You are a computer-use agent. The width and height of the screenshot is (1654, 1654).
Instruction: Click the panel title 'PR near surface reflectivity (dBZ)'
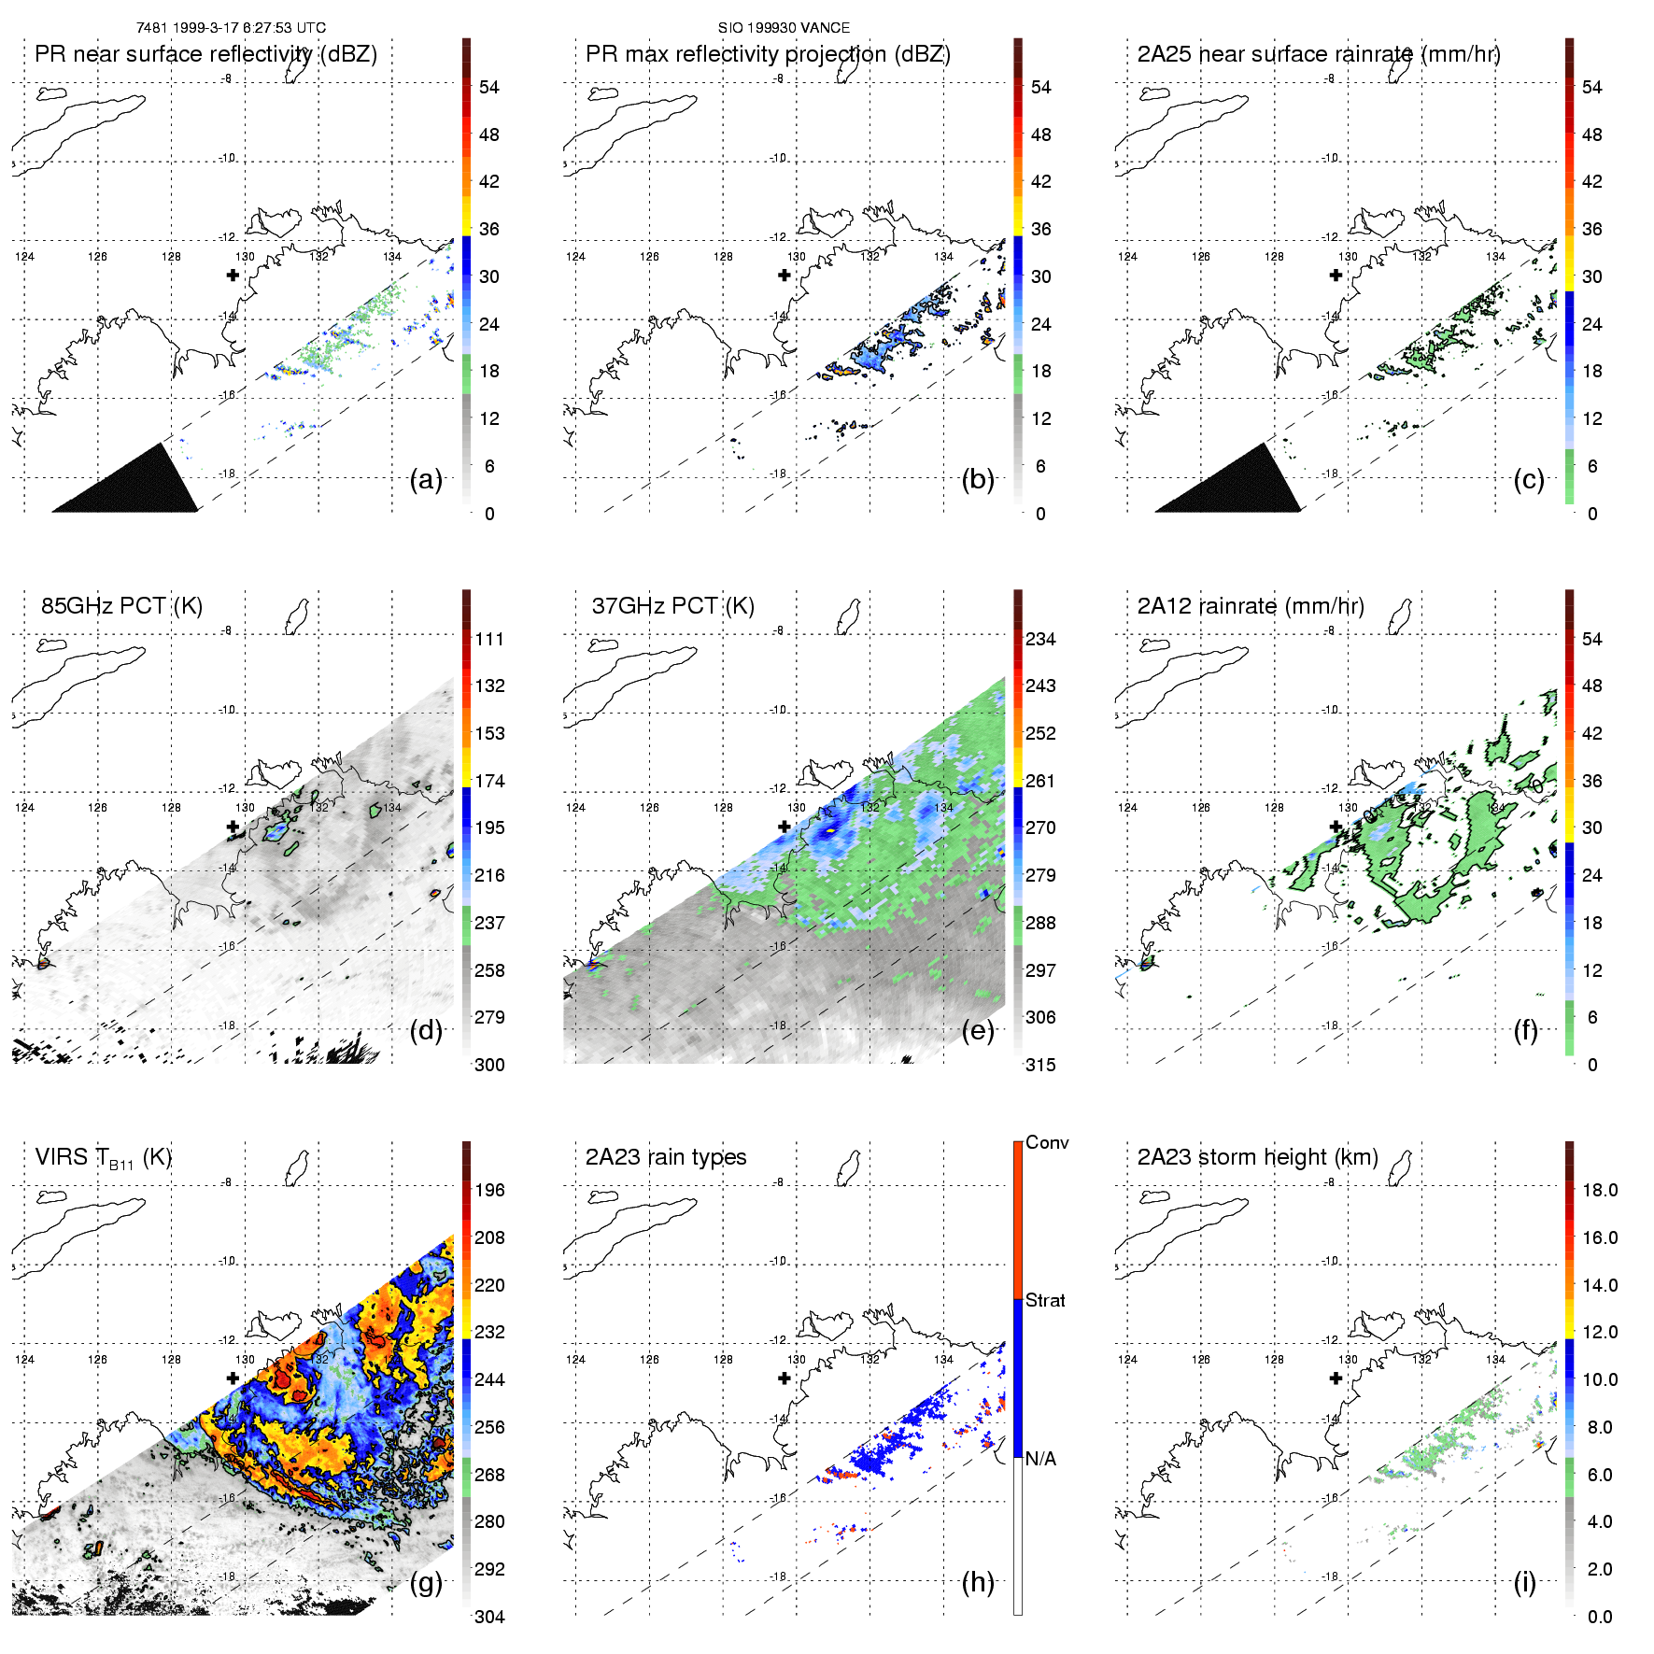(x=205, y=54)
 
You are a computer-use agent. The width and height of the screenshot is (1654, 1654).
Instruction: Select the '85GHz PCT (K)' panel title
(x=121, y=606)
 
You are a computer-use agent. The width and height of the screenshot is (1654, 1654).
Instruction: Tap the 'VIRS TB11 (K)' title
(x=103, y=1158)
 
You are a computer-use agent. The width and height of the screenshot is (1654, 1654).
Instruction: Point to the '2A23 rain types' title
(x=665, y=1157)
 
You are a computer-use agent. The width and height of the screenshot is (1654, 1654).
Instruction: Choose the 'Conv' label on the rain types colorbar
(x=1047, y=1142)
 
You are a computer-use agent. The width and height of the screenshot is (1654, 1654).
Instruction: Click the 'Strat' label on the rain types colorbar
(x=1045, y=1300)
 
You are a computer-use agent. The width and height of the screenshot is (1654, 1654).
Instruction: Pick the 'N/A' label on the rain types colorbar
(x=1041, y=1459)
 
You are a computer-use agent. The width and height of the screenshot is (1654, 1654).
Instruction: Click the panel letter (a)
(x=426, y=479)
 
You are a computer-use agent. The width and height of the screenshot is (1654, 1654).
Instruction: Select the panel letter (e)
(x=978, y=1030)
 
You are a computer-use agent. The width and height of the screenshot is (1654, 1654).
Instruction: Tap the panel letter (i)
(x=1524, y=1582)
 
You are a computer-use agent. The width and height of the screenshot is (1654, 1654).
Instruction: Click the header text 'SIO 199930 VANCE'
(x=784, y=28)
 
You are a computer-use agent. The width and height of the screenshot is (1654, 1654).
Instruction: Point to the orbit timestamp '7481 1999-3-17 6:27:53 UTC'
(x=231, y=28)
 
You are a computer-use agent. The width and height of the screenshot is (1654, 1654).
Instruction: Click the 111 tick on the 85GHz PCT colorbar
(x=489, y=639)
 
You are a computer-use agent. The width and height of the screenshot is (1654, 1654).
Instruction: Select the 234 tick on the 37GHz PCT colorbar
(x=1040, y=639)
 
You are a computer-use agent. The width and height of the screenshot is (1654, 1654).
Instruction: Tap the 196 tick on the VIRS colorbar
(x=489, y=1190)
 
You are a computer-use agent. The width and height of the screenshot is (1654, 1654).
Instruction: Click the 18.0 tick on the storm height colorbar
(x=1600, y=1190)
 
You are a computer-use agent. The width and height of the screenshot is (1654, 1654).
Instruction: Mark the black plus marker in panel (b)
(x=785, y=275)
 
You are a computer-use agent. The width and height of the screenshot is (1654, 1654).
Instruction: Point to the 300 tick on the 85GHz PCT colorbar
(x=489, y=1065)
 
